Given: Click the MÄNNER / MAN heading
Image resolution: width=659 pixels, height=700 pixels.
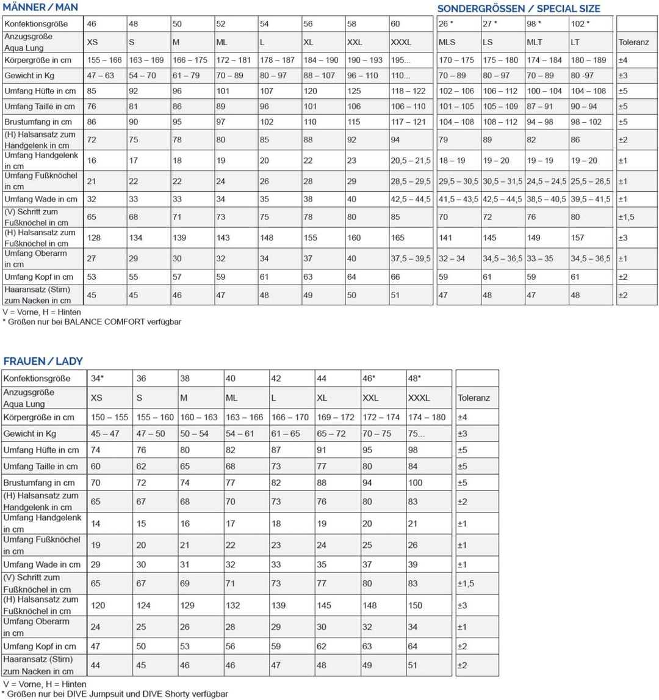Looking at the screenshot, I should coord(40,7).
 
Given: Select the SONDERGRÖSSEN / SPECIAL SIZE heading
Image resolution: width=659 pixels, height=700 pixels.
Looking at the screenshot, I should coord(519,9).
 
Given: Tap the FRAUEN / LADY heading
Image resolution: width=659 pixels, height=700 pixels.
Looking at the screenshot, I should coord(43,361).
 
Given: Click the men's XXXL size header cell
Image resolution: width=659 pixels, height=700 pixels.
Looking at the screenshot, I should coord(401,42).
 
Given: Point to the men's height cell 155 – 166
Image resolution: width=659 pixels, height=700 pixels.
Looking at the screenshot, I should coord(104,60).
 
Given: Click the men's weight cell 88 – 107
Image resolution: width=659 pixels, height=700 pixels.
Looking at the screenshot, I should coord(319,76).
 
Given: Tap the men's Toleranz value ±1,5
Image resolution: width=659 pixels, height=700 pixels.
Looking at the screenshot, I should coord(627,217).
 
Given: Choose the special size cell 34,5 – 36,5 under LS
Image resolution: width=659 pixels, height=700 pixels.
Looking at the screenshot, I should coord(502,258).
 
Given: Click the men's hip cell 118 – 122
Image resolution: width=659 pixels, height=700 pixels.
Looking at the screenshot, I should coord(408,91).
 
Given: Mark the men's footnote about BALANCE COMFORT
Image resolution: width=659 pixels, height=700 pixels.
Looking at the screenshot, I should coord(92,321).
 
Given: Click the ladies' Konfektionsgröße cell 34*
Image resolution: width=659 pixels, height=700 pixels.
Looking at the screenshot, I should coord(97,378).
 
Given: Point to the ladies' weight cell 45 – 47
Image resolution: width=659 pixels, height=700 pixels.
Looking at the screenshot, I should coord(105,434).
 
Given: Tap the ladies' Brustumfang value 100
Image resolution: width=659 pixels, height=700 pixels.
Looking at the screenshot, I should coord(415,483).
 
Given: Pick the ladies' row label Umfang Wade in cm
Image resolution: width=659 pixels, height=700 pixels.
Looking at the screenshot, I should coord(42,564).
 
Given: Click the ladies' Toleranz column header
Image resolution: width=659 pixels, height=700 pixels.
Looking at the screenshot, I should coord(474,398).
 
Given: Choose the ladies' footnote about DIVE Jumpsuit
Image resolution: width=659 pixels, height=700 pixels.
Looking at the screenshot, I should coord(116,693).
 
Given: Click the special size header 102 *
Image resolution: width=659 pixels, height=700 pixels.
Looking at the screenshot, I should coord(580,24).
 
